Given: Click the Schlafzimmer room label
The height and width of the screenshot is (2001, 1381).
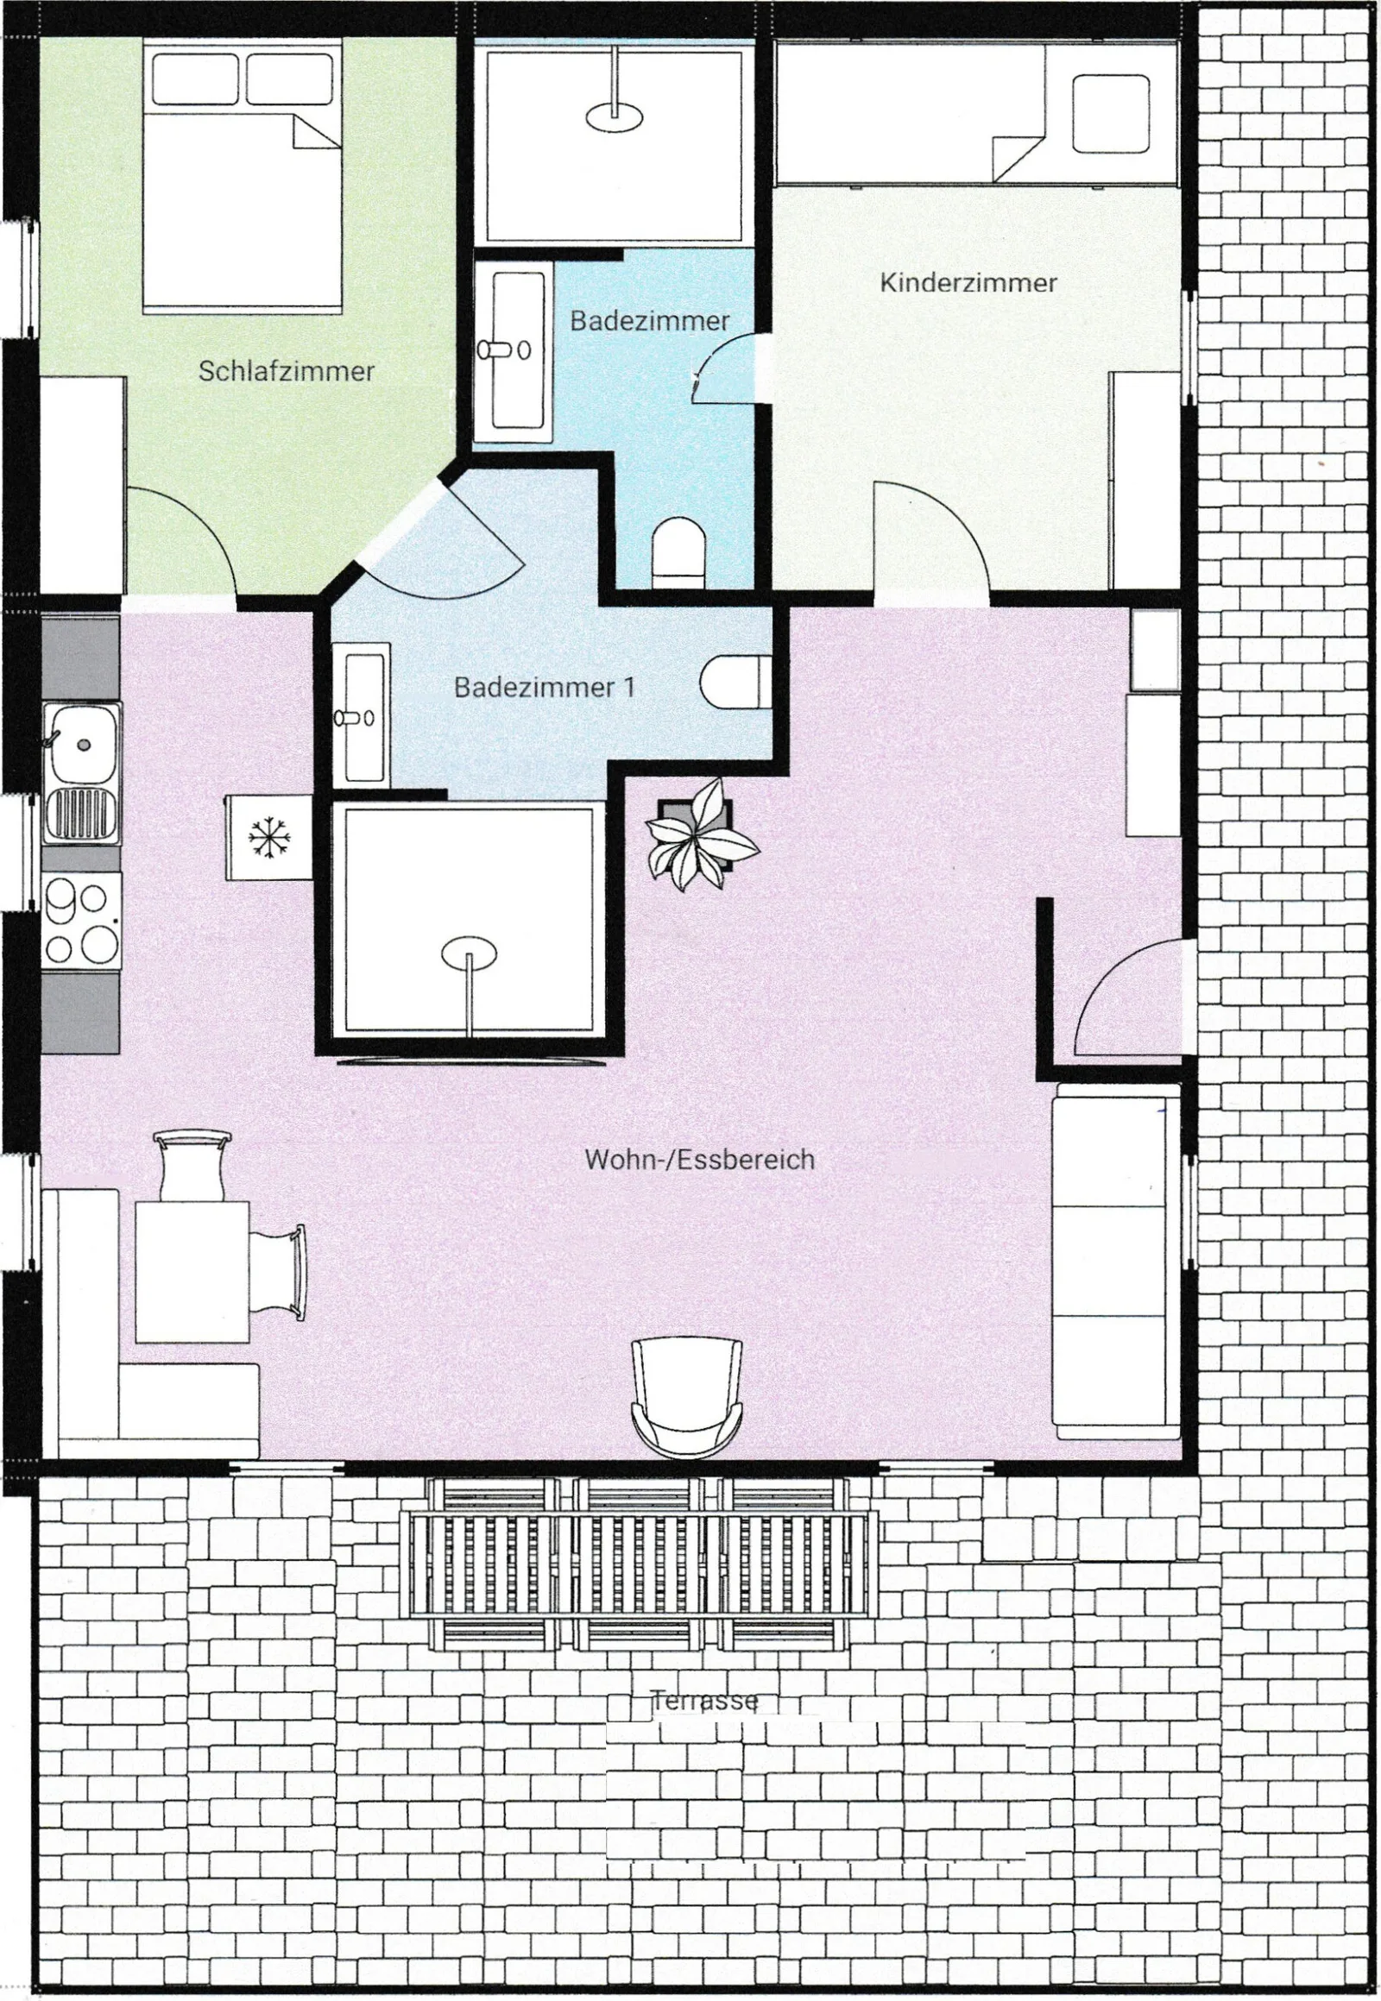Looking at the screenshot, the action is tap(287, 371).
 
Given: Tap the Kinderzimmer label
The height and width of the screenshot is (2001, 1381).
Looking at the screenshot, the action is tap(968, 283).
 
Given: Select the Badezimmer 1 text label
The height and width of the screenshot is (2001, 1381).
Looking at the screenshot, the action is tap(545, 688).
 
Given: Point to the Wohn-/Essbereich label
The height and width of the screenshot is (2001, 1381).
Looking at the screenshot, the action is tap(699, 1159).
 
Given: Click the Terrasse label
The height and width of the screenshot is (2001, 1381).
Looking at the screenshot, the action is tap(704, 1701).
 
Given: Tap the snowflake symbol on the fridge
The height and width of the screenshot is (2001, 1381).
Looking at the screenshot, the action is tap(269, 839).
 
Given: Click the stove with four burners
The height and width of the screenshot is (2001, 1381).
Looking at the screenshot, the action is tap(81, 922).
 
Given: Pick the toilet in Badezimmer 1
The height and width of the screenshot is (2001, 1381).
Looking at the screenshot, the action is tap(735, 683).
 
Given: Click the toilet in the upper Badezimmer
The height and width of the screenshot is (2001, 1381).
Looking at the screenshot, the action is tap(679, 550).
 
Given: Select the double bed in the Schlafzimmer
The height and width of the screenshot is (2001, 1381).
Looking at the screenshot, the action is tap(243, 181).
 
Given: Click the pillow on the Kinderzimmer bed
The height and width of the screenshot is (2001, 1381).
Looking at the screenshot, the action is tap(1111, 113).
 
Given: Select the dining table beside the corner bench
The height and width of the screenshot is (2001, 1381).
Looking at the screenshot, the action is tap(192, 1270).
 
